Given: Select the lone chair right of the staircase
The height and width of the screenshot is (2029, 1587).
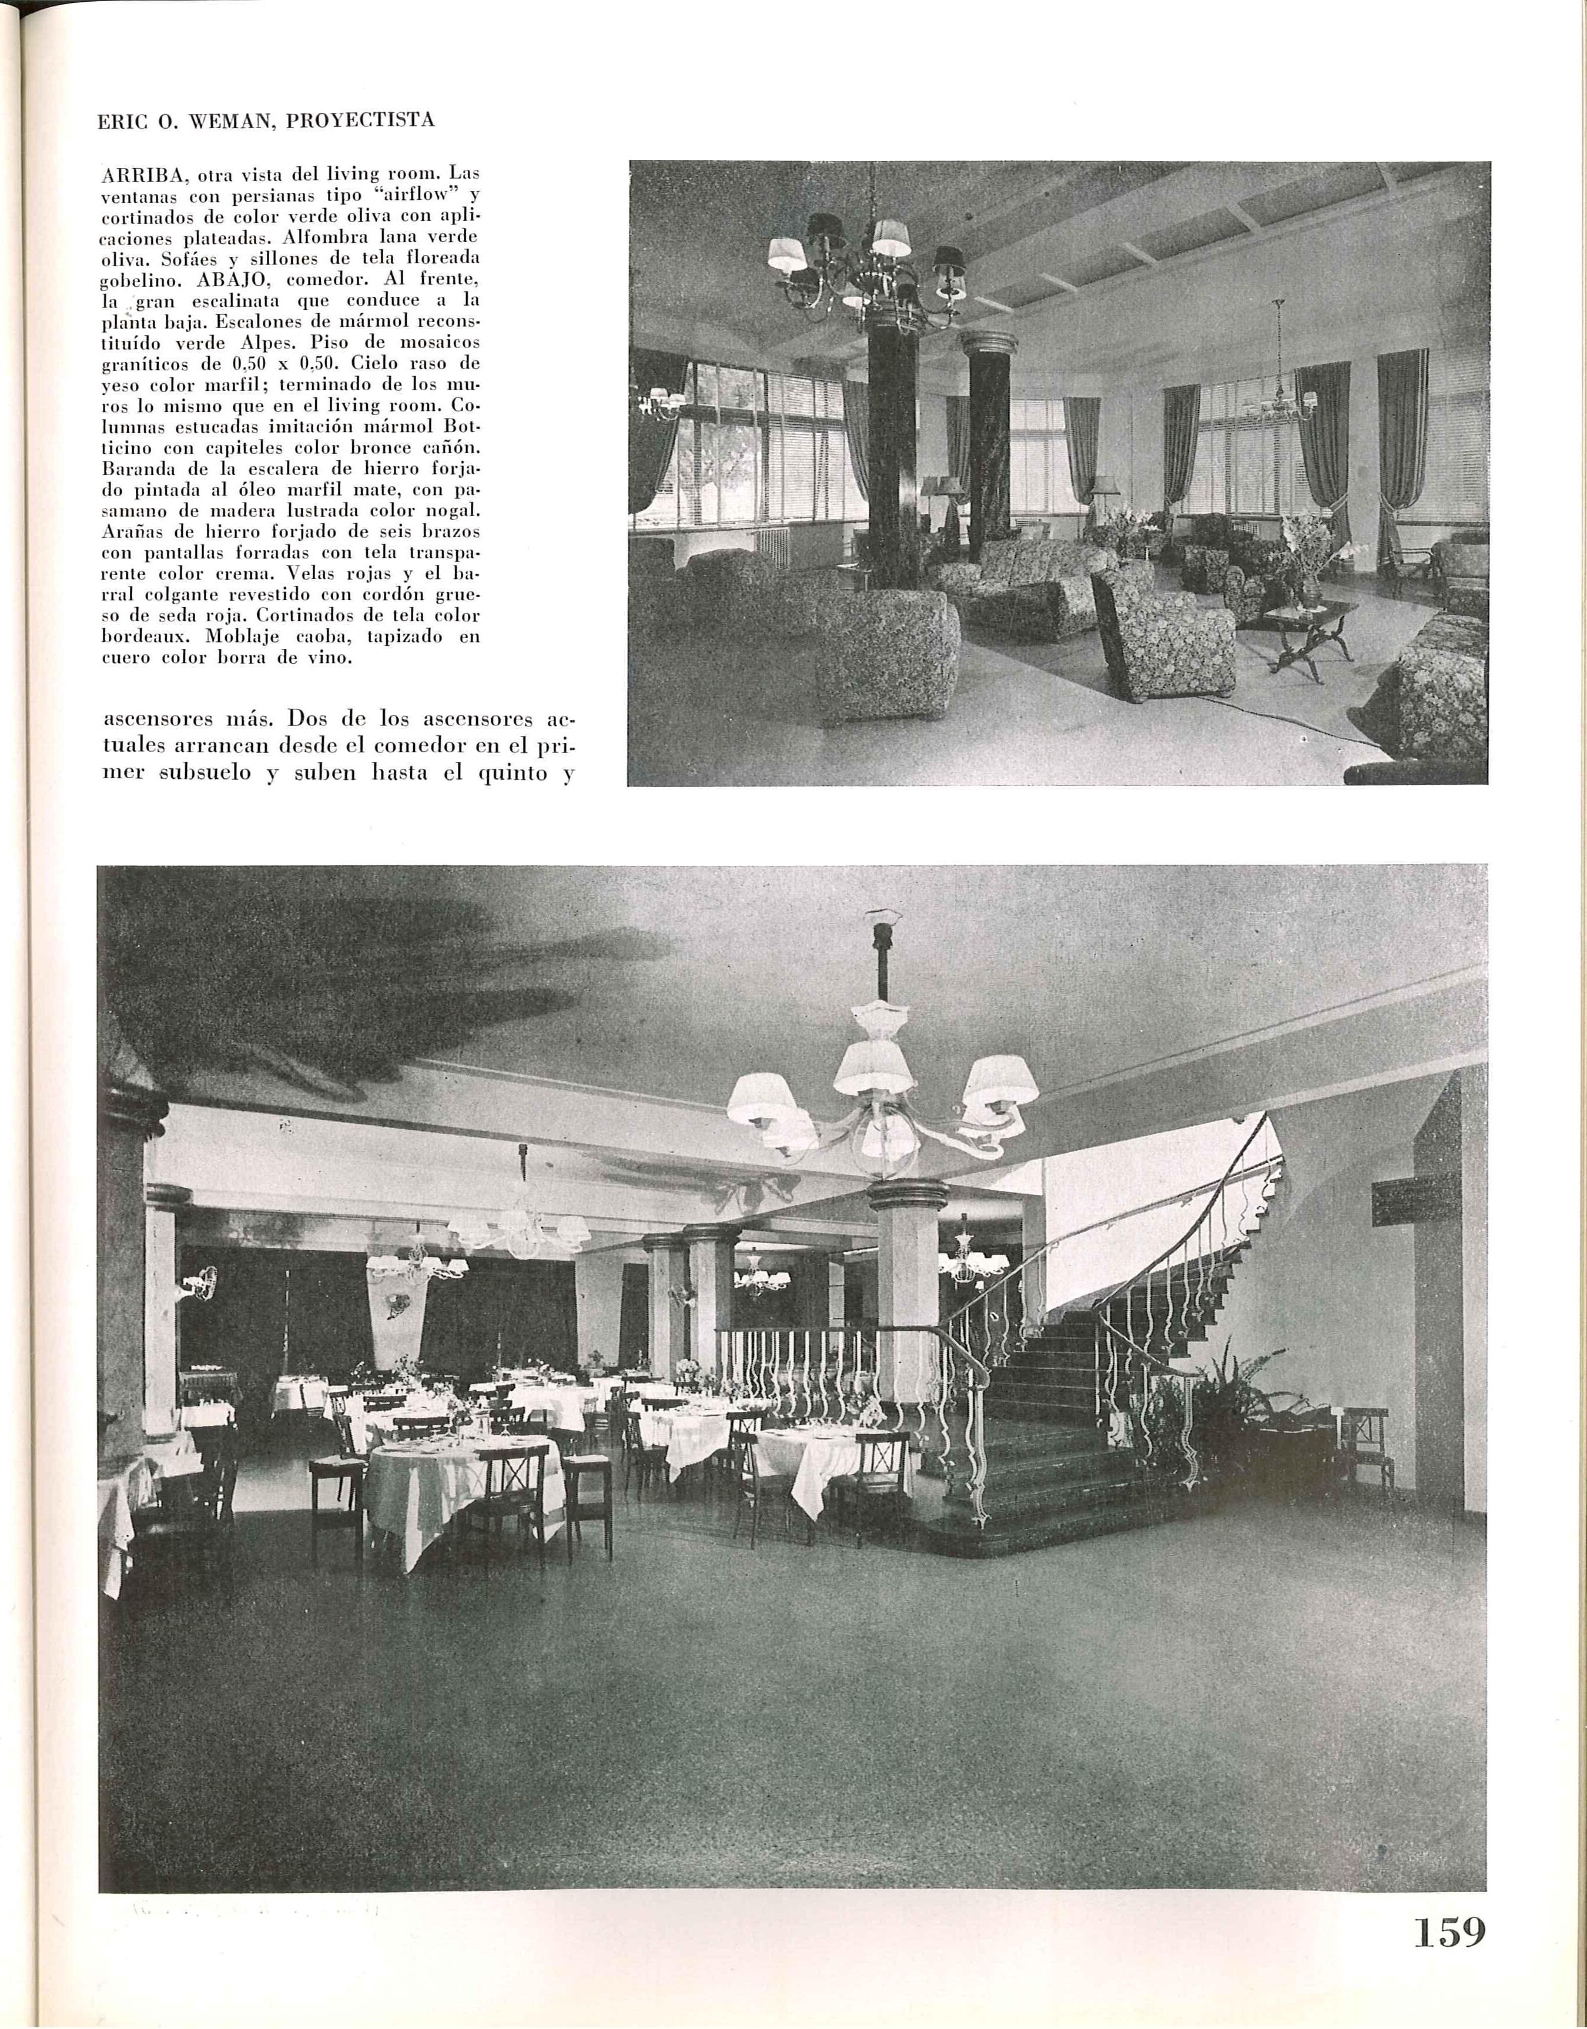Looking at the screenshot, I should click(1370, 1454).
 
